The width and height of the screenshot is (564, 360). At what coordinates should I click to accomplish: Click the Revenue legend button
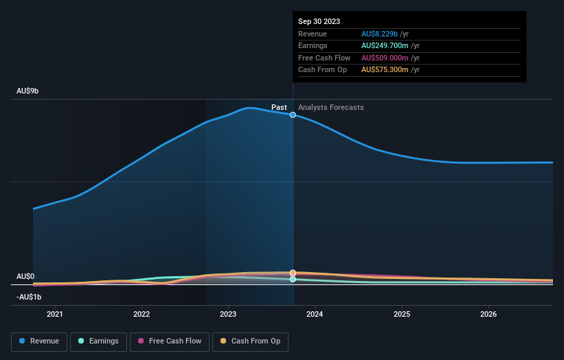(40, 341)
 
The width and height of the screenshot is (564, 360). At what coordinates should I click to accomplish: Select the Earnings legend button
(98, 341)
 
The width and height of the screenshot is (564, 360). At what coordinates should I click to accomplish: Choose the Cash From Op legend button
(250, 341)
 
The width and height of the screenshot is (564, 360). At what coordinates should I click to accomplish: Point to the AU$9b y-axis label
(28, 91)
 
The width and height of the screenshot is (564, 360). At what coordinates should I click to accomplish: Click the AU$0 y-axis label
(25, 276)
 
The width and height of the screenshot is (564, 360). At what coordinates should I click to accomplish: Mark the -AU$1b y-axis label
(30, 297)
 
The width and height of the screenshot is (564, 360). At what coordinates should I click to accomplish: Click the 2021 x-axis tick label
(55, 315)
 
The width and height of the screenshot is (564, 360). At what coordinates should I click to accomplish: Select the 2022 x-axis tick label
(142, 315)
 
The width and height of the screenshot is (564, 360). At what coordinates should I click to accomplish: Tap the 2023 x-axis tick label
(228, 315)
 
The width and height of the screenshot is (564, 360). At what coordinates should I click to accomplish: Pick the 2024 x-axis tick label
(315, 315)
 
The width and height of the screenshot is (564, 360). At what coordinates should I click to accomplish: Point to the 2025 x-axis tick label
(402, 315)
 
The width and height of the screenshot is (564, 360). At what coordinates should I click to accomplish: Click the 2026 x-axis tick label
(488, 315)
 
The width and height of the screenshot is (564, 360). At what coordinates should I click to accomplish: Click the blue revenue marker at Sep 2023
(293, 115)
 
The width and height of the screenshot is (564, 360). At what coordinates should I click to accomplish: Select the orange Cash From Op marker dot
(293, 273)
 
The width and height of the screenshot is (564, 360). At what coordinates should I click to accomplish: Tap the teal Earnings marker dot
(293, 279)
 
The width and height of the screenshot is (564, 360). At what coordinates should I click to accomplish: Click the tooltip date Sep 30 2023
(319, 21)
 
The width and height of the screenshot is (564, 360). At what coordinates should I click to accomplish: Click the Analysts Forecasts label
(331, 107)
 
